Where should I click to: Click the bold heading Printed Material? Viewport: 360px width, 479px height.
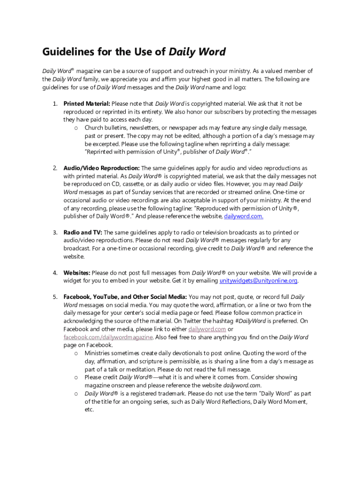tap(86, 103)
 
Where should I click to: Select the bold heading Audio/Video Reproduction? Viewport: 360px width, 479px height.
tap(101, 168)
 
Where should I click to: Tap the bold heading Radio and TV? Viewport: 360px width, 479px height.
tap(82, 232)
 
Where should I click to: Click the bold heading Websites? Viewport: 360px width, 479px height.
tap(77, 273)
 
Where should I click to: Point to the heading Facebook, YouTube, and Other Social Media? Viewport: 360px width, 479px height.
tap(125, 297)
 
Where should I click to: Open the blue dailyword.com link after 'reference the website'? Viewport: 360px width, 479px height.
tap(244, 216)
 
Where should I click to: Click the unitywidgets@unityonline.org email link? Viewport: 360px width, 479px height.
tap(259, 281)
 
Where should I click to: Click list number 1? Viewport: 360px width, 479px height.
tap(55, 103)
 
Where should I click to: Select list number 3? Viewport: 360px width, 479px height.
tap(55, 232)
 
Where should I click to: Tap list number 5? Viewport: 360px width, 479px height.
tap(55, 297)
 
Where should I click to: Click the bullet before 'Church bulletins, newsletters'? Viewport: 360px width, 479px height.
tap(76, 128)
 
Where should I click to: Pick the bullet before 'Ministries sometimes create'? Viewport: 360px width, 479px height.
tap(76, 353)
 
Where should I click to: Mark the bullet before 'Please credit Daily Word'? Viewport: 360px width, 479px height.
tap(76, 377)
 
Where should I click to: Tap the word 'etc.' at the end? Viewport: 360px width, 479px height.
tap(89, 410)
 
